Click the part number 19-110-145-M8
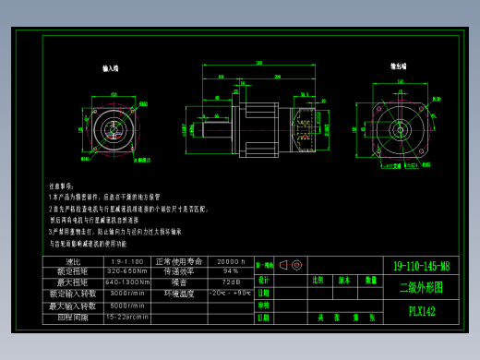(x=421, y=266)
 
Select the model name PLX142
(x=421, y=311)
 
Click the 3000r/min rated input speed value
(x=127, y=294)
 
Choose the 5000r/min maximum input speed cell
(x=127, y=305)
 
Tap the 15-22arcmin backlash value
(x=127, y=317)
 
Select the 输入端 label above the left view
(x=110, y=68)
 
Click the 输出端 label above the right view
(x=399, y=66)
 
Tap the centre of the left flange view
(x=116, y=126)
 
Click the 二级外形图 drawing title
(x=421, y=287)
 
